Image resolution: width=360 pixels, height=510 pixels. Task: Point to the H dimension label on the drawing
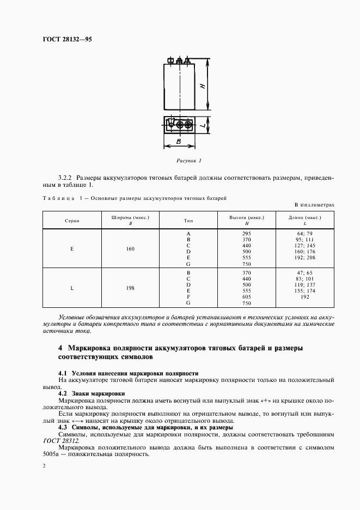pyautogui.click(x=202, y=86)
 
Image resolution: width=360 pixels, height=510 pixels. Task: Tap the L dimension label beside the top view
pyautogui.click(x=203, y=125)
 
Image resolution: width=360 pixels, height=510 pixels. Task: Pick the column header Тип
pyautogui.click(x=188, y=221)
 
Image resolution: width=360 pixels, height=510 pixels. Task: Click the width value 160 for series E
pyautogui.click(x=130, y=248)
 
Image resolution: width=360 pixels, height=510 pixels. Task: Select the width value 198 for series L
pyautogui.click(x=130, y=287)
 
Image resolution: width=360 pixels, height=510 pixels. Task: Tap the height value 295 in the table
pyautogui.click(x=246, y=233)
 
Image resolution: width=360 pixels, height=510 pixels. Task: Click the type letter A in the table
pyautogui.click(x=188, y=233)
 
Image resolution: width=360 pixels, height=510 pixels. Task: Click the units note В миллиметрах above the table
pyautogui.click(x=314, y=204)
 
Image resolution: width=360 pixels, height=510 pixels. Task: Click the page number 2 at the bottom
pyautogui.click(x=44, y=466)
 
